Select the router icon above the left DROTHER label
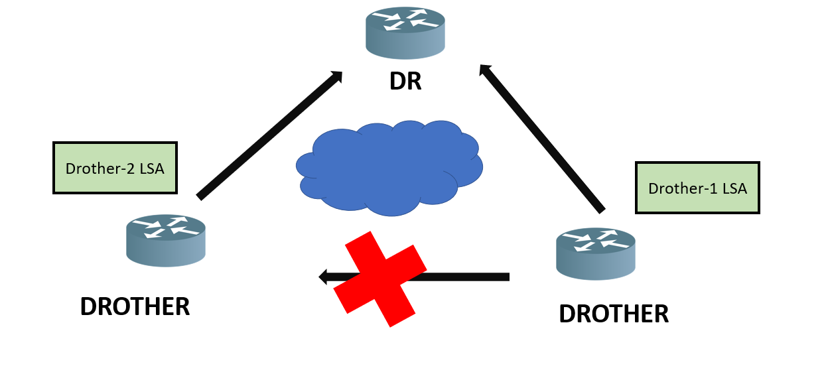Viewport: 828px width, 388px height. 166,239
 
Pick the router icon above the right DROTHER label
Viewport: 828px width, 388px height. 595,253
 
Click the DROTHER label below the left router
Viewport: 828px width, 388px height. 135,306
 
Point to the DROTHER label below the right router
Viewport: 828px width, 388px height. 614,314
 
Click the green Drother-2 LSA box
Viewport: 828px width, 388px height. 115,168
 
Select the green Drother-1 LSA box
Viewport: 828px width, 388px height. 697,188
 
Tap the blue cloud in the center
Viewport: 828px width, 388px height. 389,167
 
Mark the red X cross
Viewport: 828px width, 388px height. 380,278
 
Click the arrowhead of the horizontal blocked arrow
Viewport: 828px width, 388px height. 324,277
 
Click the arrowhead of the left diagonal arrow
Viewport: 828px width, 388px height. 336,76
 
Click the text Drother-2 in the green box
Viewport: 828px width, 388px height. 98,168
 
